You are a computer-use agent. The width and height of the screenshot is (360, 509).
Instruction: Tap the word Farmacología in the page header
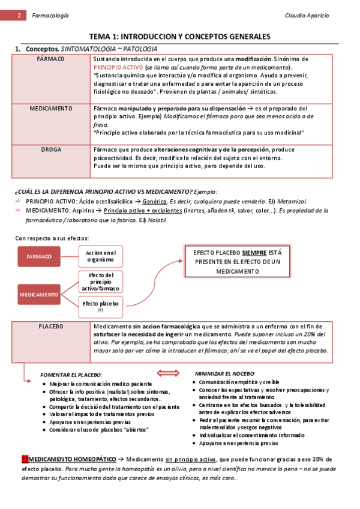point(50,14)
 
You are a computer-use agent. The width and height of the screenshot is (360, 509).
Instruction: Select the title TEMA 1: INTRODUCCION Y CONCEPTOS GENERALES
point(179,37)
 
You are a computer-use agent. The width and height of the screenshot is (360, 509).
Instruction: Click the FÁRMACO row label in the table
point(51,60)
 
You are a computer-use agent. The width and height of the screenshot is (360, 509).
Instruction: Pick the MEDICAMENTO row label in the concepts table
point(51,109)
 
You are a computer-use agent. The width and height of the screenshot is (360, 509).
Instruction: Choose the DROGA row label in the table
point(51,149)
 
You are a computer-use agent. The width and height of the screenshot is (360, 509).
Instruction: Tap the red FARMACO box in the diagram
point(39,256)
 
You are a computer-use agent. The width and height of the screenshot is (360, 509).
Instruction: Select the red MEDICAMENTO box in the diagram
point(39,295)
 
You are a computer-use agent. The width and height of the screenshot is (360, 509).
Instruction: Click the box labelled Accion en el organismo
point(100,256)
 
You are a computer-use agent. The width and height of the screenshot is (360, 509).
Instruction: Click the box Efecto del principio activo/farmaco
point(100,282)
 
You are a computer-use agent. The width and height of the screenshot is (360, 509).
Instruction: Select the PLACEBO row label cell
point(51,327)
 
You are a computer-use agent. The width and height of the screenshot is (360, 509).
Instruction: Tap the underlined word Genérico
point(155,202)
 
